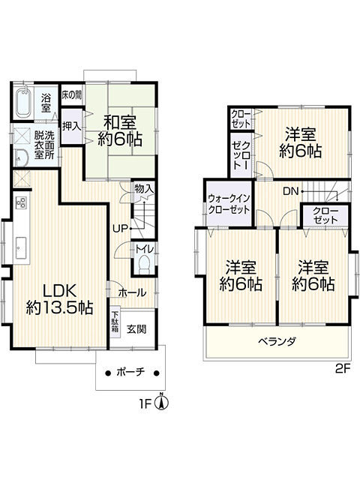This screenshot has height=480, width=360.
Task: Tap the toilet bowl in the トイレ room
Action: (143, 265)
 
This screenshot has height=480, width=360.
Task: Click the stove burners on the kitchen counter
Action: (22, 202)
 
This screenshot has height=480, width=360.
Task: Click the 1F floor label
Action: (146, 404)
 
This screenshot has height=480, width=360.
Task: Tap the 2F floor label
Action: (343, 368)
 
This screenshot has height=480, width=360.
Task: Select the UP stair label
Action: (120, 228)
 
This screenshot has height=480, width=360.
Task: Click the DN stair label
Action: (290, 192)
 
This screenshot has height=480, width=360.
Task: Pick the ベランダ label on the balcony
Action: (277, 340)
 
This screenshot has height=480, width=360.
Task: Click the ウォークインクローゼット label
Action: (229, 204)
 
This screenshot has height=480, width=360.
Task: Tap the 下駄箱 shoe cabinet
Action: (115, 322)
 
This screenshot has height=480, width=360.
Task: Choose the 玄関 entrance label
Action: (136, 329)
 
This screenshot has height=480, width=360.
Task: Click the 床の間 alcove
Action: (72, 95)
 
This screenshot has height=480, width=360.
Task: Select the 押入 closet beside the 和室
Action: (72, 126)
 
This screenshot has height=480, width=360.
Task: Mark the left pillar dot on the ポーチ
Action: (107, 373)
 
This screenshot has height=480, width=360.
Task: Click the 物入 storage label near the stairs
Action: (143, 189)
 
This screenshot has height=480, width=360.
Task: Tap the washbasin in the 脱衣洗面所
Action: (22, 158)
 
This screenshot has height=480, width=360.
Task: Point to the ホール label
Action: (132, 292)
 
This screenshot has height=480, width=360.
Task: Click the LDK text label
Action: (59, 291)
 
